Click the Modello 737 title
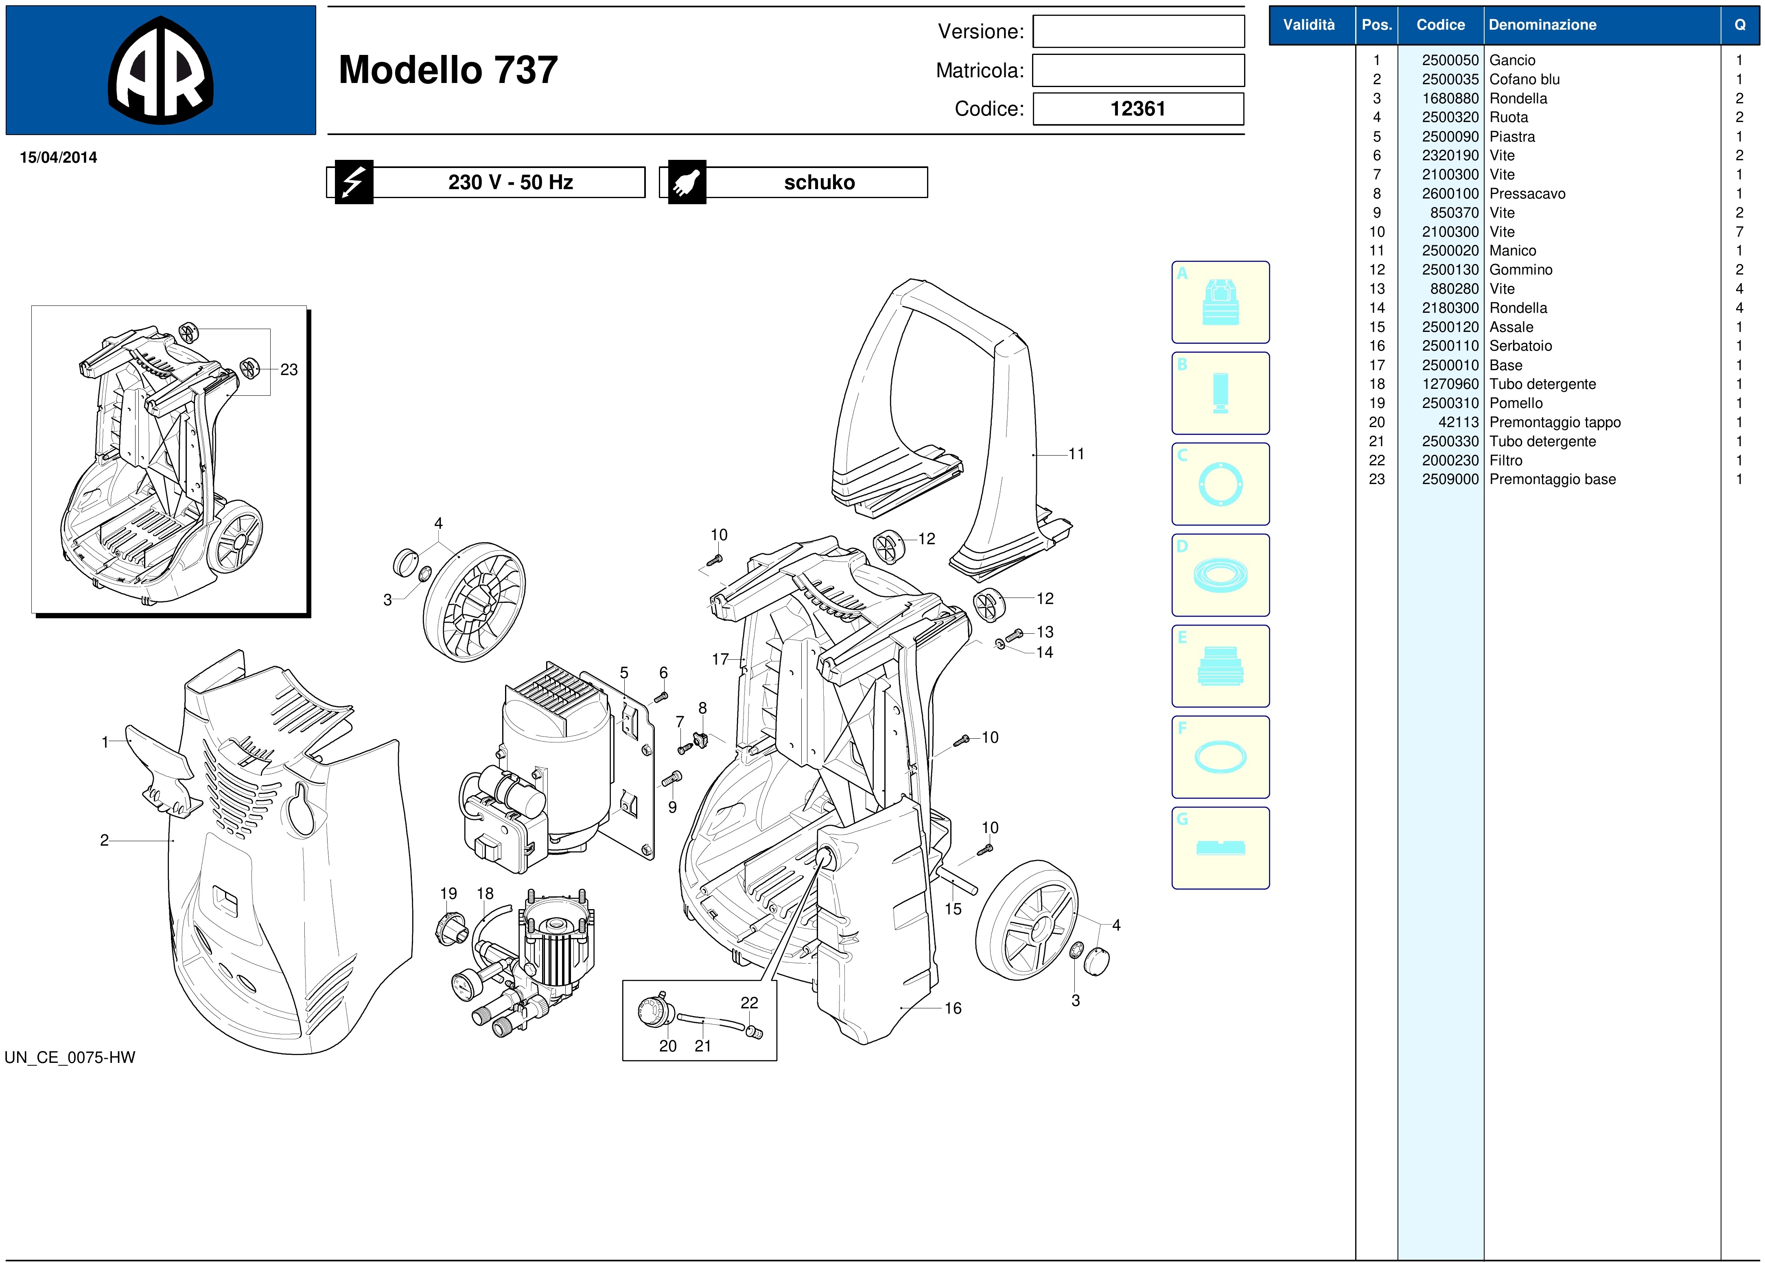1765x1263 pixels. point(448,70)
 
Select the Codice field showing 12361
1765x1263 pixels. point(1138,109)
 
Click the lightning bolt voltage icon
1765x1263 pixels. point(354,182)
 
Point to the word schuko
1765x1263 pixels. point(819,182)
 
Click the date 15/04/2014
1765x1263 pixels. point(58,157)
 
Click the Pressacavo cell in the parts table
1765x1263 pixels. point(1527,194)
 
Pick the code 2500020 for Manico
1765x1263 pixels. point(1450,251)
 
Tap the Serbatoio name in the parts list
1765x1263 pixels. point(1520,346)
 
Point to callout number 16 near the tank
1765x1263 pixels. point(953,1009)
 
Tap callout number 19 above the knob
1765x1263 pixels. point(449,894)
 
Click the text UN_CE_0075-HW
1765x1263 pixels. point(70,1058)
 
